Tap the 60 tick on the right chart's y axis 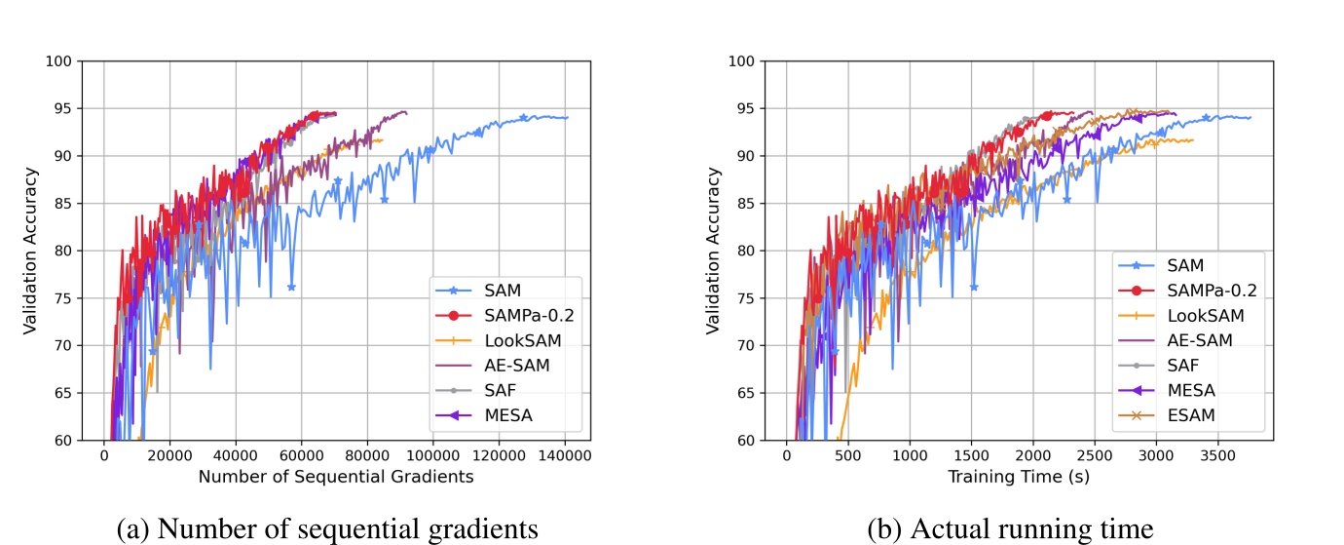[742, 441]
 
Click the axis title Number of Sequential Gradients [335, 477]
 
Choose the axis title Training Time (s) [1019, 477]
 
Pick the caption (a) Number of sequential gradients [326, 528]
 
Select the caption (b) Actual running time [1010, 528]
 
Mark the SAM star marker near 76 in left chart [291, 287]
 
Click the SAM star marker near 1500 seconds [974, 287]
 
